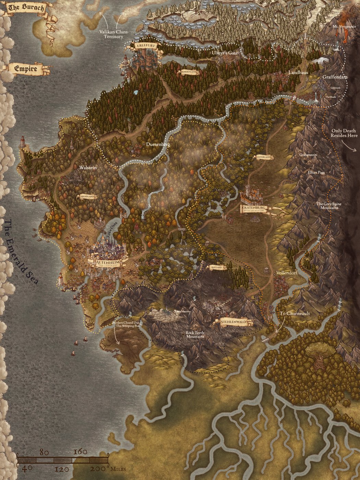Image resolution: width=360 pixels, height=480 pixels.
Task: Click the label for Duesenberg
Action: tap(158, 144)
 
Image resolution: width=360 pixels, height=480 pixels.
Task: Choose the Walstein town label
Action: tap(88, 168)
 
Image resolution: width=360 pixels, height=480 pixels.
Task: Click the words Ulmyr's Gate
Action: tap(225, 53)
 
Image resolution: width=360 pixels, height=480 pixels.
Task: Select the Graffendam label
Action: tap(335, 77)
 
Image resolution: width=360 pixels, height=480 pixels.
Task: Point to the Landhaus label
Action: tap(298, 73)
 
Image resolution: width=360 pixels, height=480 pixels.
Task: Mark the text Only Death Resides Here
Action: tap(344, 133)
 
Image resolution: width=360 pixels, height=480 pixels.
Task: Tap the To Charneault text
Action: tap(295, 313)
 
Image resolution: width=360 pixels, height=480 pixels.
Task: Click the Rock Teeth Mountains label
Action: tap(195, 335)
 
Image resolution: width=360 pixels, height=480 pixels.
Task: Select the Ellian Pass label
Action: tap(316, 172)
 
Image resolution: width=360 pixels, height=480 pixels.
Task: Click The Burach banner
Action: tap(26, 8)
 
